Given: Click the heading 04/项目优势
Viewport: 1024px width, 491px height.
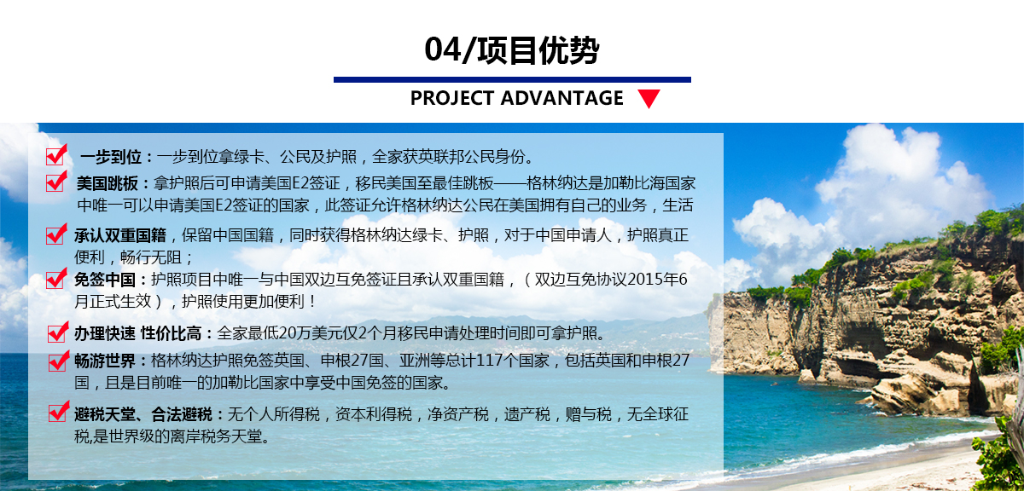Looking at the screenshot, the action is point(511,50).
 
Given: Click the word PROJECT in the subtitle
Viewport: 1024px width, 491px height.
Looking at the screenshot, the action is point(452,98).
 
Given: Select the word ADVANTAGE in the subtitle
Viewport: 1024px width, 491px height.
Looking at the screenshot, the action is point(561,98).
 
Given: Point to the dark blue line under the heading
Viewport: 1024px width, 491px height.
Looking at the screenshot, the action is point(512,80).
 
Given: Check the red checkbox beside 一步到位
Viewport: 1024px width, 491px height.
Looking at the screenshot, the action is point(56,155).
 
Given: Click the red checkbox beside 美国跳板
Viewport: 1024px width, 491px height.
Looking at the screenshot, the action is point(56,182).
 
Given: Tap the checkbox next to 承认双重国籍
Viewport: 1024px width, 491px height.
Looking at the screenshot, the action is point(56,234).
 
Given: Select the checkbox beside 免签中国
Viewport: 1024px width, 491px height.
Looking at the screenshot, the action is point(56,278).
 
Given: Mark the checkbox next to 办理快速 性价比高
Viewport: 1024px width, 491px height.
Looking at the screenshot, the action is point(58,332).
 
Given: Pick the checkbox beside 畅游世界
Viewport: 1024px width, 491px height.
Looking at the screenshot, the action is point(59,361).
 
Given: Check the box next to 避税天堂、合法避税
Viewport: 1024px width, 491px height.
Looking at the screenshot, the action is point(59,412).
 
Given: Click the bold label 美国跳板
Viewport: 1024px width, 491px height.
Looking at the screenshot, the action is point(108,183).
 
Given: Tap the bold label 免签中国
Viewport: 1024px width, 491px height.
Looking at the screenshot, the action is point(105,280).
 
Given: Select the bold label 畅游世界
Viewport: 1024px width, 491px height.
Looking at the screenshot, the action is point(105,361).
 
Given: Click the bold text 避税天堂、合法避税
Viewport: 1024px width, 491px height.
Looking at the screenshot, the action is point(143,415).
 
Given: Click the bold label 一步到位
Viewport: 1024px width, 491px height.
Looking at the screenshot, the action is point(111,157).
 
